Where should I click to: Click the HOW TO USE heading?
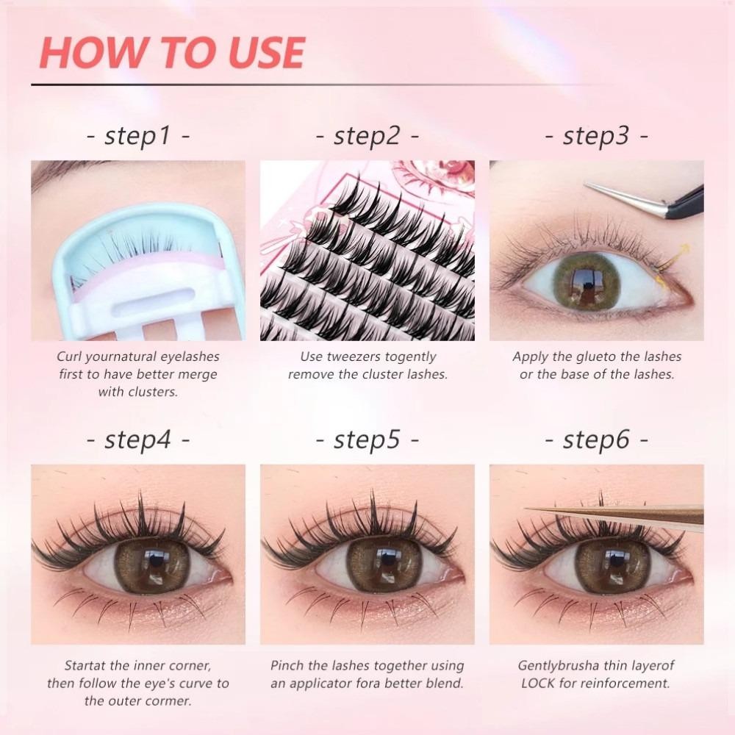coord(172,52)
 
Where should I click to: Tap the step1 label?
coord(138,137)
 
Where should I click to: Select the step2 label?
coord(367,137)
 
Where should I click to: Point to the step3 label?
coord(596,137)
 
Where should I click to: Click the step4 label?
coord(138,440)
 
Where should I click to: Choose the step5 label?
coord(367,440)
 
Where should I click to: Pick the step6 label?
coord(596,440)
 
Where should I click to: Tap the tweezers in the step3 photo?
coord(649,200)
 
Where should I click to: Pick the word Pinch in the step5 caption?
coord(287,665)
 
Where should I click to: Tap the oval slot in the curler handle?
coord(154,296)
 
